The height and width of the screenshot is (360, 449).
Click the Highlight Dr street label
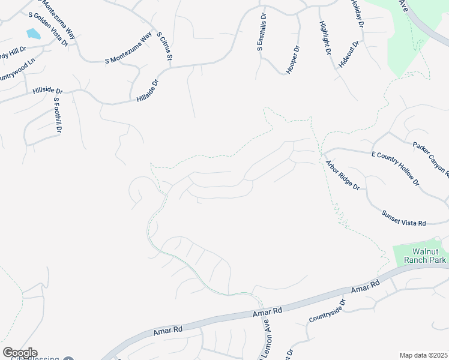click(325, 38)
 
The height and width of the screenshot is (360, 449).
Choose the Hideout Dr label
click(349, 54)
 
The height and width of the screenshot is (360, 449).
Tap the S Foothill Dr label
click(58, 115)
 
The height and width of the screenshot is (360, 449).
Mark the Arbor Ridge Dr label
click(342, 175)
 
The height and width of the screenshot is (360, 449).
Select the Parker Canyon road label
click(430, 159)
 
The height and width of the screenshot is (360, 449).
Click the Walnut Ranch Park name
click(421, 256)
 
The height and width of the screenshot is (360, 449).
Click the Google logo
click(19, 353)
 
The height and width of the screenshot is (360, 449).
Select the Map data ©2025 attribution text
click(423, 355)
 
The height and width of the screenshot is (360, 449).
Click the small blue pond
click(34, 34)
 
